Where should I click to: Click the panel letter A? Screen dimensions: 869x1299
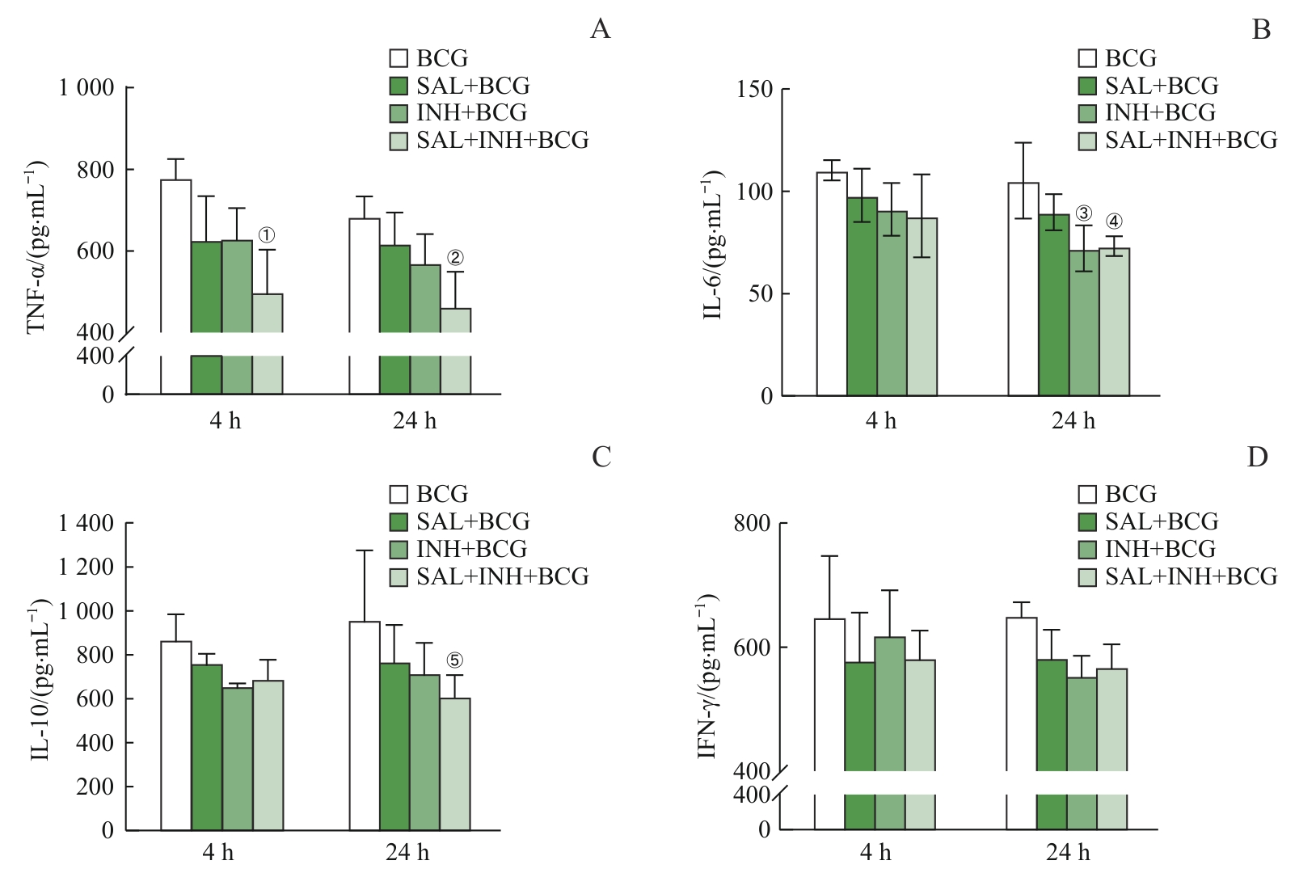tap(600, 30)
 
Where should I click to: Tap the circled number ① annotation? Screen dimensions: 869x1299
tap(267, 235)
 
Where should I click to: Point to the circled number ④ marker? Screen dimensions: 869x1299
tap(1114, 221)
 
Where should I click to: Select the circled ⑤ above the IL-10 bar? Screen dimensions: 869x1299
tap(455, 660)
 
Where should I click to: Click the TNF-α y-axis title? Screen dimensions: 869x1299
tap(37, 247)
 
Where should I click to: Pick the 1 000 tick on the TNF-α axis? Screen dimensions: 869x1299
tap(86, 87)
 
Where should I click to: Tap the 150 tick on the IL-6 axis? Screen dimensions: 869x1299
tap(754, 89)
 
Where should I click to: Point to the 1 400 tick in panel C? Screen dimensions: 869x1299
tap(86, 523)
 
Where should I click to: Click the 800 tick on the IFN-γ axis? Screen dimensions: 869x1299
tap(752, 523)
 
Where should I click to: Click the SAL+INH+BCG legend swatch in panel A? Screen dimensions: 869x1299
tap(399, 141)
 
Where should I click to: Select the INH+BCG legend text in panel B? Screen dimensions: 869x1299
tap(1160, 112)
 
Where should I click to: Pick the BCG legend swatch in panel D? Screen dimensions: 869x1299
tap(1087, 494)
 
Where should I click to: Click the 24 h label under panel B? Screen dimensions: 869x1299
tap(1073, 420)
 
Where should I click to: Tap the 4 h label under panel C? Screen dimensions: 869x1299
tap(218, 852)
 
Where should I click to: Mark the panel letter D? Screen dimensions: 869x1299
tap(1257, 458)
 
